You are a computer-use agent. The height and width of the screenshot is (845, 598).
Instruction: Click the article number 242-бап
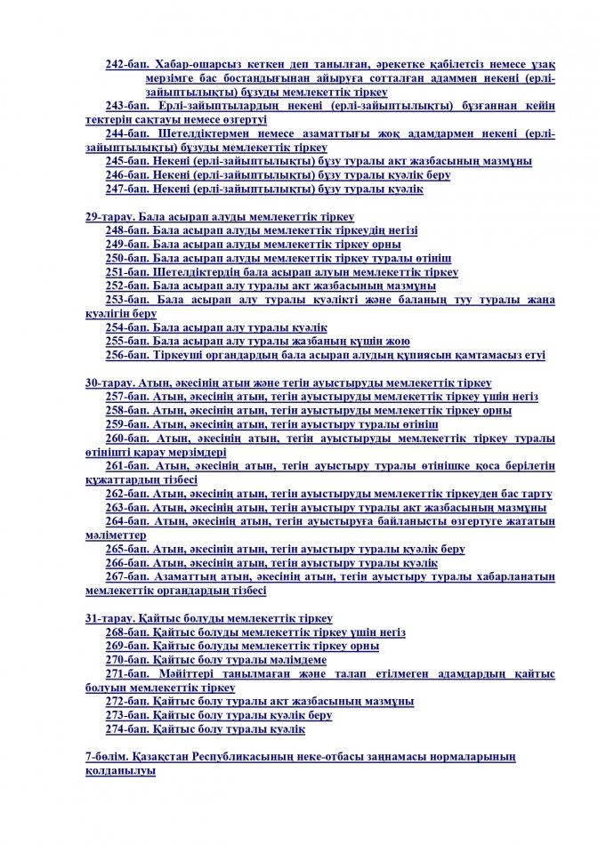(x=126, y=65)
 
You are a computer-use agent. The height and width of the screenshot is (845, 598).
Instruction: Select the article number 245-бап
(x=126, y=161)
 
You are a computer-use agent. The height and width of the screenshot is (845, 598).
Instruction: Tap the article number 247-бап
(x=126, y=189)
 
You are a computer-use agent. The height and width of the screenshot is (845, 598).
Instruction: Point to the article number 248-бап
(x=126, y=230)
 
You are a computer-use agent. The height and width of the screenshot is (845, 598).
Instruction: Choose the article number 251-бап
(x=126, y=272)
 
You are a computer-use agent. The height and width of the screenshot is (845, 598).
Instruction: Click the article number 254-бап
(x=126, y=327)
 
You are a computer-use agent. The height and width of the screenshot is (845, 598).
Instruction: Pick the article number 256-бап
(x=126, y=355)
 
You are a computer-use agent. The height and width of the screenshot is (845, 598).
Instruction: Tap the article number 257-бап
(x=126, y=397)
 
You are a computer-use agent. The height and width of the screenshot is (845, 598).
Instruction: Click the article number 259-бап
(x=126, y=424)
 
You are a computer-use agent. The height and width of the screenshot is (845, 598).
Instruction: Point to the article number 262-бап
(x=126, y=494)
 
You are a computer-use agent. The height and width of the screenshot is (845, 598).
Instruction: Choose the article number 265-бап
(x=126, y=549)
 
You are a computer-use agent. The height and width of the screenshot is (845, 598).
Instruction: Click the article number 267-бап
(x=126, y=576)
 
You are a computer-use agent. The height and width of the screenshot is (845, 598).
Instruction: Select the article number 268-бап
(x=126, y=632)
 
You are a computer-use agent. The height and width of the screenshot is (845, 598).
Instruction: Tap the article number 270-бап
(x=126, y=660)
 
